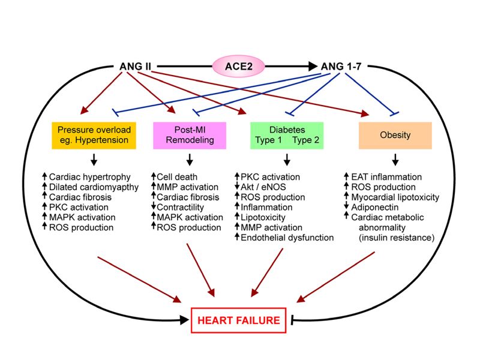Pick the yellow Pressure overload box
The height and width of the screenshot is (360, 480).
(94, 135)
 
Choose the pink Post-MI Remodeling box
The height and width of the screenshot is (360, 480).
(190, 135)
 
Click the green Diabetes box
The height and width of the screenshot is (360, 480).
(286, 135)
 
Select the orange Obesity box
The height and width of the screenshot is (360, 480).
(395, 135)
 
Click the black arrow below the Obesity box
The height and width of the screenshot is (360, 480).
(395, 160)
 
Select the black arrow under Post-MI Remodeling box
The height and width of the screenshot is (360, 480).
(190, 160)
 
